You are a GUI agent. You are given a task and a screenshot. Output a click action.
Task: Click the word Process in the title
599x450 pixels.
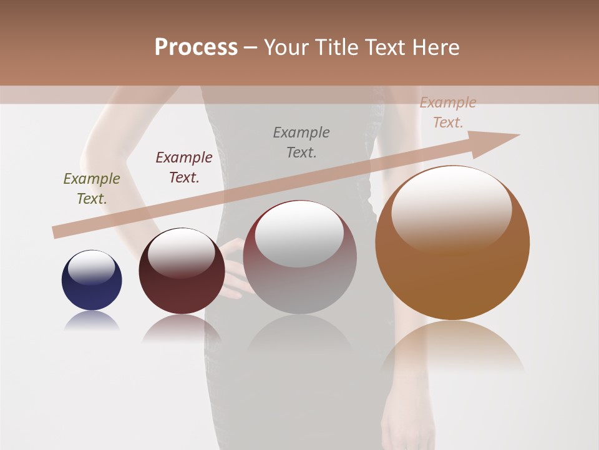[x=196, y=47]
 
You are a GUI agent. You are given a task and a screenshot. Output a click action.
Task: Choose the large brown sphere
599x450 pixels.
[x=452, y=244]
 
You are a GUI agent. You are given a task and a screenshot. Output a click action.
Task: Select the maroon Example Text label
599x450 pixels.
[x=184, y=167]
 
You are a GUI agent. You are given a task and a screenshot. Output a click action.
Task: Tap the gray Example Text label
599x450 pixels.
[x=301, y=142]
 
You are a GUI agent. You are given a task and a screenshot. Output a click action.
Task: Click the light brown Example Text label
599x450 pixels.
[x=448, y=112]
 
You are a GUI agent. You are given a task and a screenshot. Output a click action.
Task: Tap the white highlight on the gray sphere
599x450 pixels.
[x=299, y=232]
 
